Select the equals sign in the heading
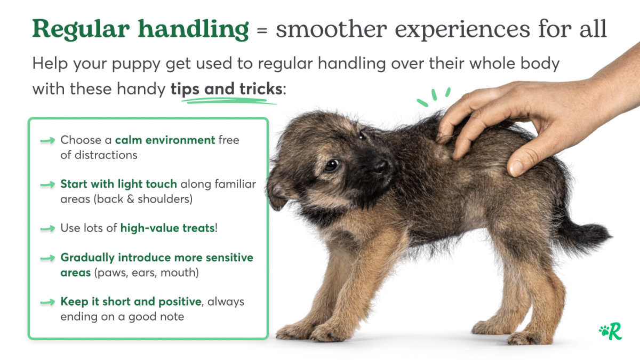tap(261, 31)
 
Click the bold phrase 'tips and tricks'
tap(226, 89)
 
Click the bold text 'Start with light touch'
tap(118, 184)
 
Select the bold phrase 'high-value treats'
tap(167, 228)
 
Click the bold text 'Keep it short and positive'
tap(131, 301)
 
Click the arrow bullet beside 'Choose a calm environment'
tap(47, 141)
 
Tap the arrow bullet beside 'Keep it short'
tap(47, 302)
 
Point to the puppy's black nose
tap(380, 166)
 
